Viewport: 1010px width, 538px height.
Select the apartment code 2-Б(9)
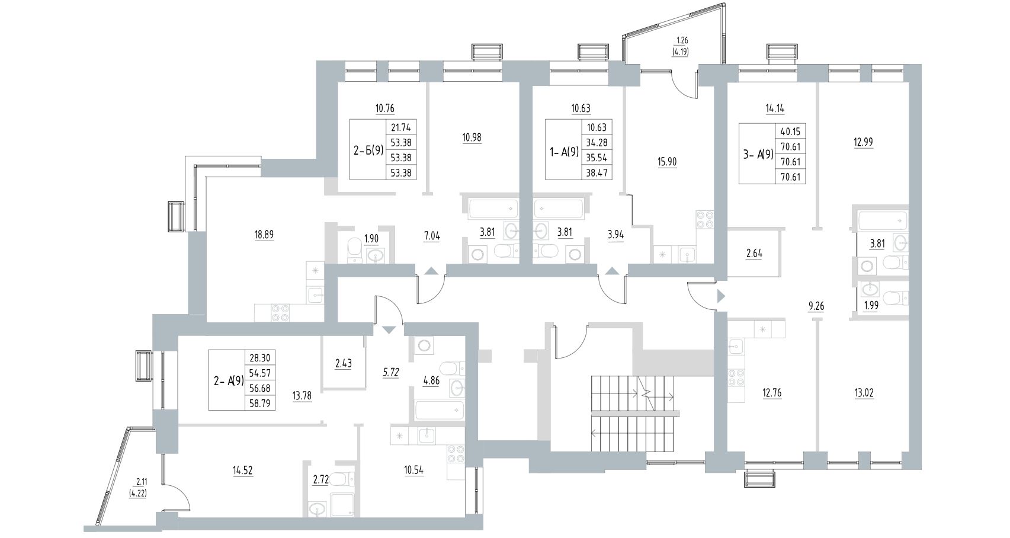coord(367,149)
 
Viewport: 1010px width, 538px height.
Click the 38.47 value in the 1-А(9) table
coord(597,173)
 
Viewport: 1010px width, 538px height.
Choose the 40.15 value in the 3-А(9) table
coord(790,132)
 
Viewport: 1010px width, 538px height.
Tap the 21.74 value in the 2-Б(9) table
coord(402,127)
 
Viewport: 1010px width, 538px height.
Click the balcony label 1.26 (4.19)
coord(678,46)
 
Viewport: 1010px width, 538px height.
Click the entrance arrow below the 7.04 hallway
coord(431,271)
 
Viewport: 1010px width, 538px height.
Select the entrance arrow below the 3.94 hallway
coord(612,271)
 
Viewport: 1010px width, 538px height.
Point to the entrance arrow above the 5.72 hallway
coord(388,329)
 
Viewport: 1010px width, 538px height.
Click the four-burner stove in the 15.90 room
coord(704,220)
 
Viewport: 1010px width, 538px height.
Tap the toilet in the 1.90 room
coord(354,249)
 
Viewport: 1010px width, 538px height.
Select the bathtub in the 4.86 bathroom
coord(438,409)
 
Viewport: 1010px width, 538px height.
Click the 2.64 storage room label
coord(754,254)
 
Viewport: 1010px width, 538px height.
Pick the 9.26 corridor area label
coord(816,306)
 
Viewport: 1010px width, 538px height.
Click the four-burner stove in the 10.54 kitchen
coord(455,453)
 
